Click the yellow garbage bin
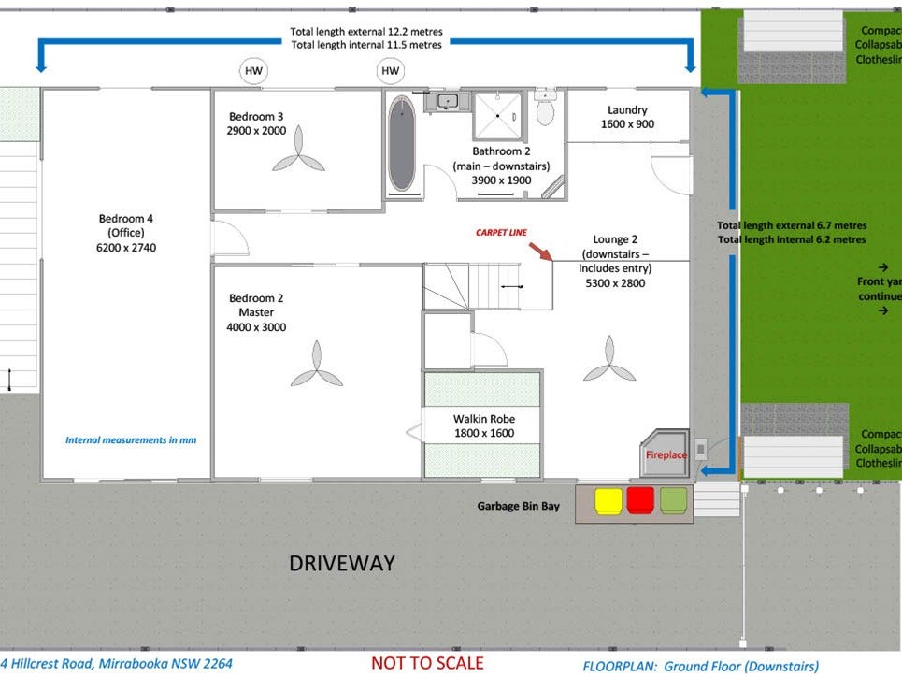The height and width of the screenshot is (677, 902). (608, 500)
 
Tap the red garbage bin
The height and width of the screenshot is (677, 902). (640, 500)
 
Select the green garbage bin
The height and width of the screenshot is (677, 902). (673, 500)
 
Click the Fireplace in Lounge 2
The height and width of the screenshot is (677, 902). (666, 453)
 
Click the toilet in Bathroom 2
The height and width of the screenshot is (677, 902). (545, 108)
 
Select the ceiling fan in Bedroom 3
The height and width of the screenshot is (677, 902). (299, 159)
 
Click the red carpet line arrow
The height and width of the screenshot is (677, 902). (539, 251)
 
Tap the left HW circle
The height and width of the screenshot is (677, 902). (253, 71)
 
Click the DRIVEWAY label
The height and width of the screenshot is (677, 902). (341, 563)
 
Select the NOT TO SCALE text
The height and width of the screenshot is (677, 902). (427, 663)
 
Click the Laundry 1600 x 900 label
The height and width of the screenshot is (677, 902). (627, 117)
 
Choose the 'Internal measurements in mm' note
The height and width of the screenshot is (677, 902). (131, 439)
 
